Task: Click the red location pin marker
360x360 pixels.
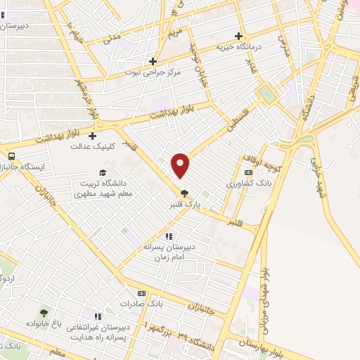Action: click(x=181, y=165)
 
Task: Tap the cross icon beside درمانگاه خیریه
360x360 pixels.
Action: click(x=239, y=36)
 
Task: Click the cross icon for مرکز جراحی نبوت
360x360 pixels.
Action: click(x=153, y=61)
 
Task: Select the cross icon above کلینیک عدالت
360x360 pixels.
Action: click(x=92, y=136)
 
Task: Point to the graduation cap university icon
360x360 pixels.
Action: click(x=103, y=173)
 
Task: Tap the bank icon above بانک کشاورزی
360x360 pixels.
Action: click(x=247, y=172)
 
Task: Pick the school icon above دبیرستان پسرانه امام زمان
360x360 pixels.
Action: click(x=168, y=237)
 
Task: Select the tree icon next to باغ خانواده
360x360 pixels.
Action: click(x=44, y=313)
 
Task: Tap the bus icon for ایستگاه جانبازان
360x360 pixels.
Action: click(x=11, y=156)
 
